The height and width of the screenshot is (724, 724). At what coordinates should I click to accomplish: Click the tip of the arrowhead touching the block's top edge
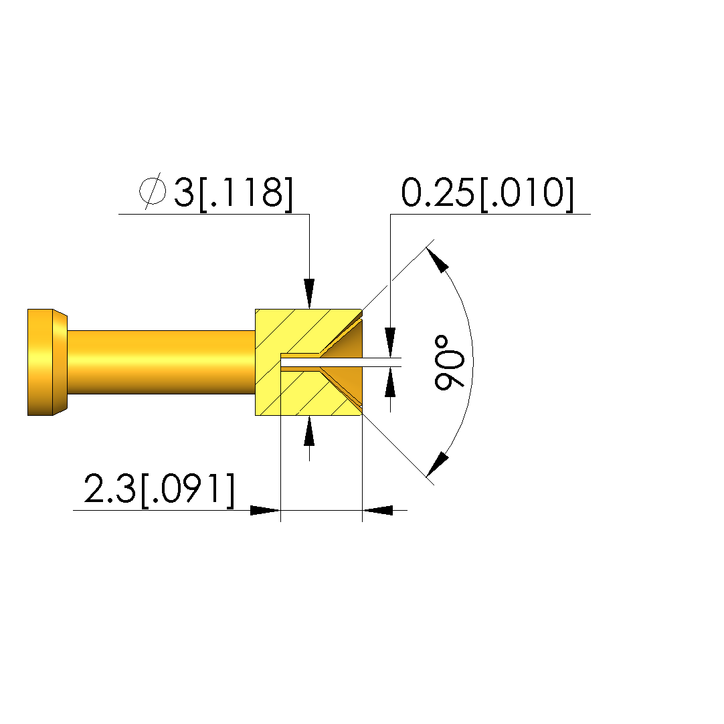310,309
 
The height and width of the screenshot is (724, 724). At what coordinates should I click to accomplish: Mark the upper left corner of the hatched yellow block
256,310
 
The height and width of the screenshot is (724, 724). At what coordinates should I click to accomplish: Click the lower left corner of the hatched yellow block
256,416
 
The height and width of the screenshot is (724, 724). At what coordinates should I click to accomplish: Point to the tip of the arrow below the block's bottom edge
310,416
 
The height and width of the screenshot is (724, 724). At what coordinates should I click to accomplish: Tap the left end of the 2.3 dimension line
73,510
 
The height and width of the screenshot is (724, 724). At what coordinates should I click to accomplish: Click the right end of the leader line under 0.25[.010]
590,214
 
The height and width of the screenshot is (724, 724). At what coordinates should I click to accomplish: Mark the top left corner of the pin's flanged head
27,310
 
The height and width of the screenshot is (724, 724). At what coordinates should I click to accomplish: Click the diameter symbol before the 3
153,191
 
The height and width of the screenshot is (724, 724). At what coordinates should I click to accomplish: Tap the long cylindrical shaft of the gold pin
161,362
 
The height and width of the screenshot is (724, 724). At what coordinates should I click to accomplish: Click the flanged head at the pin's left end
47,362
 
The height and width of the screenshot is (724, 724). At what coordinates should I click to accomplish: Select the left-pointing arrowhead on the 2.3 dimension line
377,510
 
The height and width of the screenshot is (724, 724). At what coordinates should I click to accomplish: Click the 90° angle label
449,362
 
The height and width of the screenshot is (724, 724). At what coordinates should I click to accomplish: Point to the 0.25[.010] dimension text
487,193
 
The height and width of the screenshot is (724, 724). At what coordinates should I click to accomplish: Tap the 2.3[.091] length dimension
159,489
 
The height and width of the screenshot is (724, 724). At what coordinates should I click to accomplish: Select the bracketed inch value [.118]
246,193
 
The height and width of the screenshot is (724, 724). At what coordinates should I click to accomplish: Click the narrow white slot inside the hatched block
321,362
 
